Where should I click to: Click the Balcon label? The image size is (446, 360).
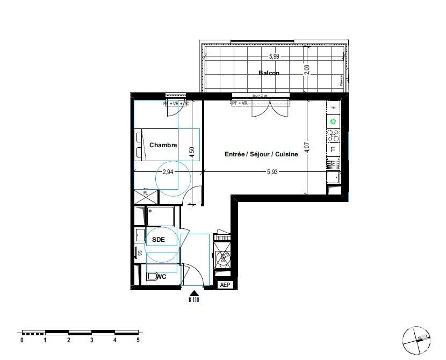click(269, 73)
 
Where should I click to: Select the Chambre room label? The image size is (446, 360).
click(163, 145)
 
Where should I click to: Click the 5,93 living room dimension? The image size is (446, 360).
click(273, 172)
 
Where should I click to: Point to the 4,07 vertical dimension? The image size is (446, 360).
click(307, 148)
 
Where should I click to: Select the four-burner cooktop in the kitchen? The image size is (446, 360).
click(333, 135)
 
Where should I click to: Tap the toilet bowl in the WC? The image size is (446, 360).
click(153, 278)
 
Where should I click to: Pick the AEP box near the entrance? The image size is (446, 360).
click(225, 285)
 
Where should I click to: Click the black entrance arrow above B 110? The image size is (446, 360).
click(192, 293)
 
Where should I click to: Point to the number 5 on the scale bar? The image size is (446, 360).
click(138, 340)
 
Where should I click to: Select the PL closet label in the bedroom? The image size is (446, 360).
click(145, 192)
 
